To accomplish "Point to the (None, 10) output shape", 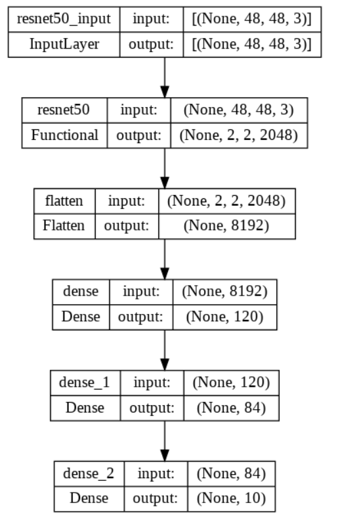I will [x=232, y=498].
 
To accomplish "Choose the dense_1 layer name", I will [x=86, y=382].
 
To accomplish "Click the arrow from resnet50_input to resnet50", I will [x=165, y=77].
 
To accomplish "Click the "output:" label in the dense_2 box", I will [x=156, y=498].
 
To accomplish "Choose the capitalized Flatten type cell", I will [x=64, y=225].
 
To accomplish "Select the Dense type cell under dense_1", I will [x=86, y=407].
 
